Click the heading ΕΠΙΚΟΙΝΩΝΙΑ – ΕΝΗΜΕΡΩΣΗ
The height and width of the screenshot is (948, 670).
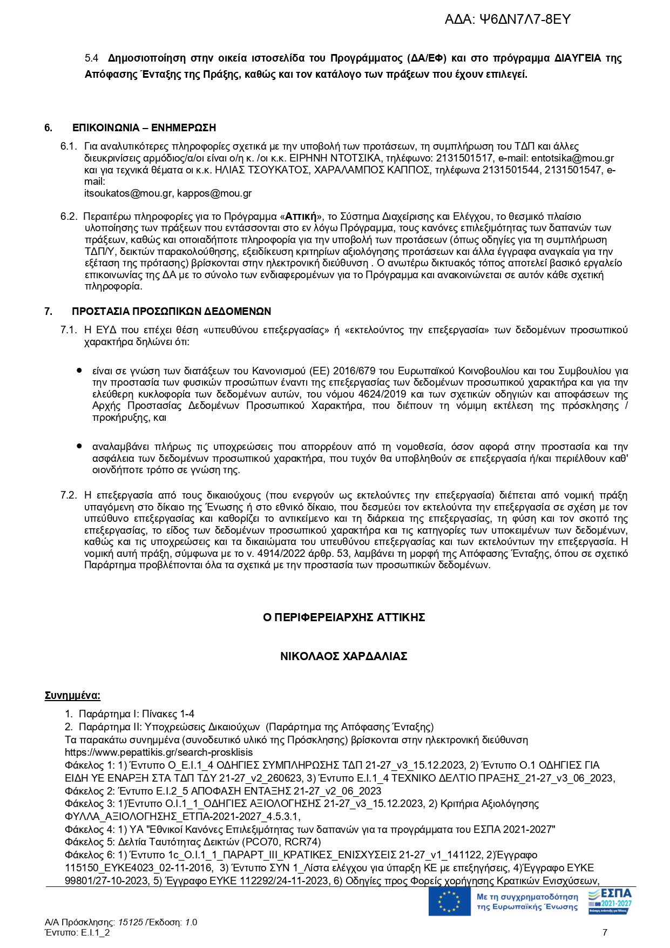tap(144, 128)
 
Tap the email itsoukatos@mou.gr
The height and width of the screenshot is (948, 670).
tap(128, 193)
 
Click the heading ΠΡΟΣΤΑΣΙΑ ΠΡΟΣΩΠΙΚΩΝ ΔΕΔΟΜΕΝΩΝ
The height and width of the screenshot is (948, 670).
tap(172, 312)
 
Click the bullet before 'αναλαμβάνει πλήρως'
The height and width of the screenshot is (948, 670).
tap(79, 447)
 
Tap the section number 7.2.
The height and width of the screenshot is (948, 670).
tap(69, 495)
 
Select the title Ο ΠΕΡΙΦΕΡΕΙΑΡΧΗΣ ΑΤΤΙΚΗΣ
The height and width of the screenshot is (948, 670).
tap(344, 617)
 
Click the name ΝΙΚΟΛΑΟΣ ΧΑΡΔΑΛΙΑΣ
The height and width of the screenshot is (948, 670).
tap(343, 656)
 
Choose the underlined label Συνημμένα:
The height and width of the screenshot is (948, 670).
tap(72, 696)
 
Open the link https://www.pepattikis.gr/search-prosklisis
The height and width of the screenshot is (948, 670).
tap(159, 752)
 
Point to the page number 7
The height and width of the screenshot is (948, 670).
tap(605, 932)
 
